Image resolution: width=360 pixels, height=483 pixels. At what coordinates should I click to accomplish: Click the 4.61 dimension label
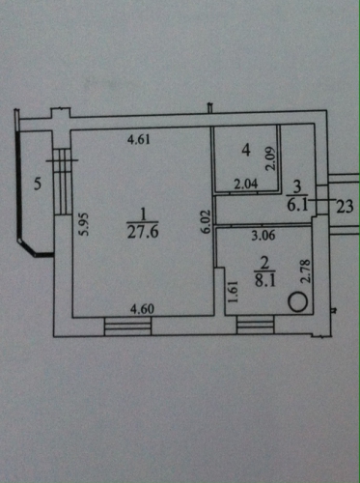[139, 140]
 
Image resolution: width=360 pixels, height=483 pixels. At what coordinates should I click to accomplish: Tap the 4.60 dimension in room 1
[142, 309]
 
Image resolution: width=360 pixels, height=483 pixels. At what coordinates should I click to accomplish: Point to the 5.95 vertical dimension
[84, 224]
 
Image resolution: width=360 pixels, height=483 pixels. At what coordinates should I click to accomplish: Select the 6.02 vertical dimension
[206, 221]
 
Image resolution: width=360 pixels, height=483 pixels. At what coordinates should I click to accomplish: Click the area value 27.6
[143, 232]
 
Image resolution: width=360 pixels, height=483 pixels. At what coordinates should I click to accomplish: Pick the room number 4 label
[246, 150]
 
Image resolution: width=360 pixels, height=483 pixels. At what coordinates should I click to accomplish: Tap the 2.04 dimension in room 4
[246, 185]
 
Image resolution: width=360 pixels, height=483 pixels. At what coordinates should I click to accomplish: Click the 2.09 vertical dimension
[270, 158]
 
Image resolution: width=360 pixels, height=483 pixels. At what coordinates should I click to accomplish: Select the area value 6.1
[297, 205]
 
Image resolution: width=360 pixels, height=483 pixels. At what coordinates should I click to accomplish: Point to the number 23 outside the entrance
[345, 207]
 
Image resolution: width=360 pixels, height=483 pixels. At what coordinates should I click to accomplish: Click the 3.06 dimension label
[263, 236]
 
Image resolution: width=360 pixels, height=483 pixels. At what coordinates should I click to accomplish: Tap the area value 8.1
[265, 281]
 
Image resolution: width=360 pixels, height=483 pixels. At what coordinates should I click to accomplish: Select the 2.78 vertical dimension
[305, 271]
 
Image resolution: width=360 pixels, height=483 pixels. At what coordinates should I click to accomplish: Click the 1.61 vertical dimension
[233, 292]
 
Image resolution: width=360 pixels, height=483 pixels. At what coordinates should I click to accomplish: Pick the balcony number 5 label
[38, 185]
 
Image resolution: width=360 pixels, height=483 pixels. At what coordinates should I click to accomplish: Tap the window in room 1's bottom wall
[127, 327]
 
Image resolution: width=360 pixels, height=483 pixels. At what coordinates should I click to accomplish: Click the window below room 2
[255, 325]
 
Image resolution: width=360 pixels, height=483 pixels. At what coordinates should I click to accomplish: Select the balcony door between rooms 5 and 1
[62, 182]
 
